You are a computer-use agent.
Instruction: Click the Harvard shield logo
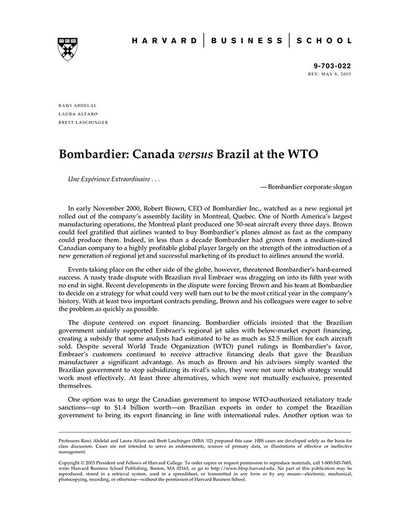pyautogui.click(x=68, y=49)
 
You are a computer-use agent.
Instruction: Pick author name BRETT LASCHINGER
pyautogui.click(x=83, y=122)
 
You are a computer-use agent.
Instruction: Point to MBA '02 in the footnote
pyautogui.click(x=203, y=441)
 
